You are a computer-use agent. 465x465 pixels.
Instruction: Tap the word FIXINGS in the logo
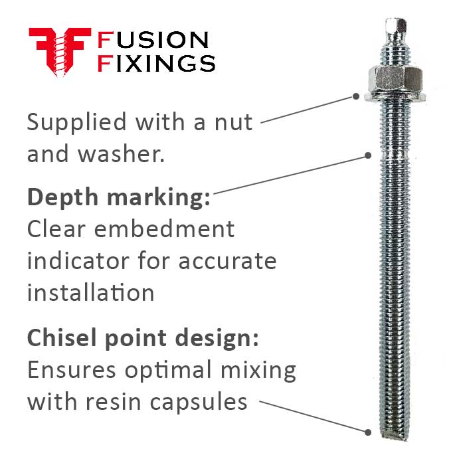156,63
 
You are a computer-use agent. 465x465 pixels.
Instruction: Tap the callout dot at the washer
356,96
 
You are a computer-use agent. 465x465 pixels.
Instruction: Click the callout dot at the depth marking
368,155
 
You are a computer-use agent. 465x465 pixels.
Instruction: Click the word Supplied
76,123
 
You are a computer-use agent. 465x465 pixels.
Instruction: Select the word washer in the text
120,154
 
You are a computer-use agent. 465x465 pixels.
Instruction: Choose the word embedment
170,229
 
